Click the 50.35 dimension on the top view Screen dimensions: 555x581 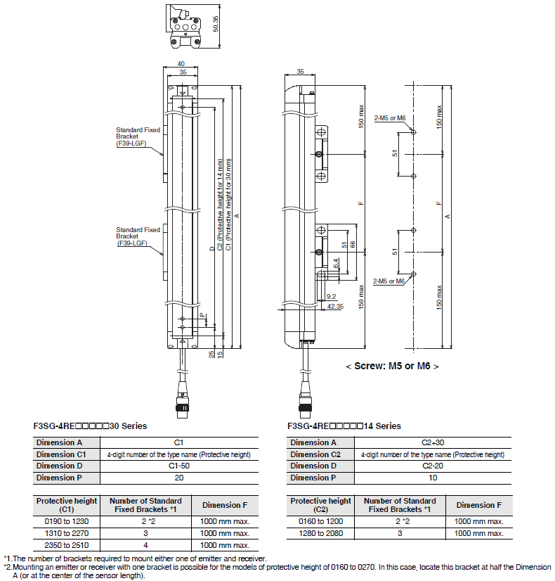[x=216, y=24]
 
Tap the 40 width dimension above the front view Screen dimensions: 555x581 [x=181, y=64]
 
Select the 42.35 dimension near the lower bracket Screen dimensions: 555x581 [x=335, y=307]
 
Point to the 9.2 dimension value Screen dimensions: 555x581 [x=331, y=296]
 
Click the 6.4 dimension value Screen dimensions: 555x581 [x=336, y=264]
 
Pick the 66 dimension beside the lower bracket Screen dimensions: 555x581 [x=352, y=245]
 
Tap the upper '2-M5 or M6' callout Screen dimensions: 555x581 [x=390, y=118]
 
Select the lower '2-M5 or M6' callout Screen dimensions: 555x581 [x=388, y=281]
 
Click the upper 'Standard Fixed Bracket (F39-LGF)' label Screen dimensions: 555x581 [x=138, y=136]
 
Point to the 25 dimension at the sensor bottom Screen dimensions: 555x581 [x=211, y=355]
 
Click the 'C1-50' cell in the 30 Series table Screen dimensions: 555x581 [x=179, y=466]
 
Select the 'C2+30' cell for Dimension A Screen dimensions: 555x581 [x=433, y=442]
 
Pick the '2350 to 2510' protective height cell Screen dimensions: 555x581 [x=67, y=545]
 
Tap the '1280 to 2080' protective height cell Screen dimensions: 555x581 [x=321, y=533]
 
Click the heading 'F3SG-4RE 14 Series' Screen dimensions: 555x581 [x=344, y=426]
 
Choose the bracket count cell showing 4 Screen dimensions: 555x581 [x=146, y=545]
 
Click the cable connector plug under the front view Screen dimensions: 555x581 [x=182, y=407]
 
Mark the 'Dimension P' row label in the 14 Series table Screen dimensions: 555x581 [x=313, y=478]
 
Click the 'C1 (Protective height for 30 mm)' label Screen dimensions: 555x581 [x=228, y=205]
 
